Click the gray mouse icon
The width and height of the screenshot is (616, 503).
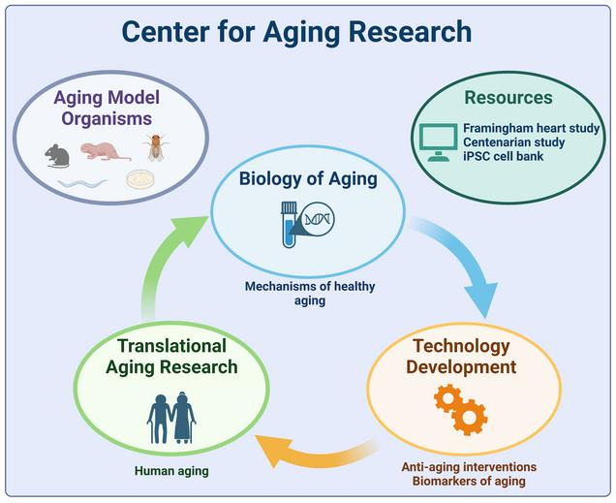(x=57, y=156)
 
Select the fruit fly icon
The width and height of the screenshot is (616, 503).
(x=156, y=146)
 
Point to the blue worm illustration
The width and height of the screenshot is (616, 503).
(x=81, y=183)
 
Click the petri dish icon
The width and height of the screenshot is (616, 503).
(x=140, y=179)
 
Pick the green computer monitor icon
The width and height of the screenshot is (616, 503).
(x=438, y=142)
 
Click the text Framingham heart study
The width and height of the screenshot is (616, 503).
(x=531, y=128)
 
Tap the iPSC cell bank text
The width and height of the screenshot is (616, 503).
(x=504, y=156)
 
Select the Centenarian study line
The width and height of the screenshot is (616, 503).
(x=514, y=141)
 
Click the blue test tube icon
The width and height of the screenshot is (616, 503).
(x=289, y=225)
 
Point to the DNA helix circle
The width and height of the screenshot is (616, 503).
(x=319, y=218)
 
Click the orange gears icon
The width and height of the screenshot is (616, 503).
(x=461, y=409)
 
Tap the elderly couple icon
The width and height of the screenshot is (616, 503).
(x=171, y=418)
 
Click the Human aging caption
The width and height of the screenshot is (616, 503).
(x=171, y=471)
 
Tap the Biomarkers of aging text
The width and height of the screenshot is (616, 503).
(x=469, y=481)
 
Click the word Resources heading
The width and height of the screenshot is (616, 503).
(x=508, y=98)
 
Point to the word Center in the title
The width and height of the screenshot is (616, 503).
(x=166, y=31)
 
